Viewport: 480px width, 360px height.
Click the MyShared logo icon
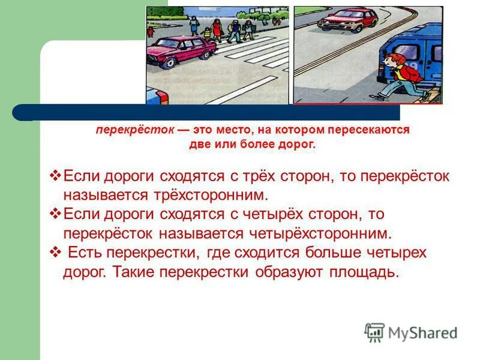374,332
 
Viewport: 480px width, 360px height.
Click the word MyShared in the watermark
423,333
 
